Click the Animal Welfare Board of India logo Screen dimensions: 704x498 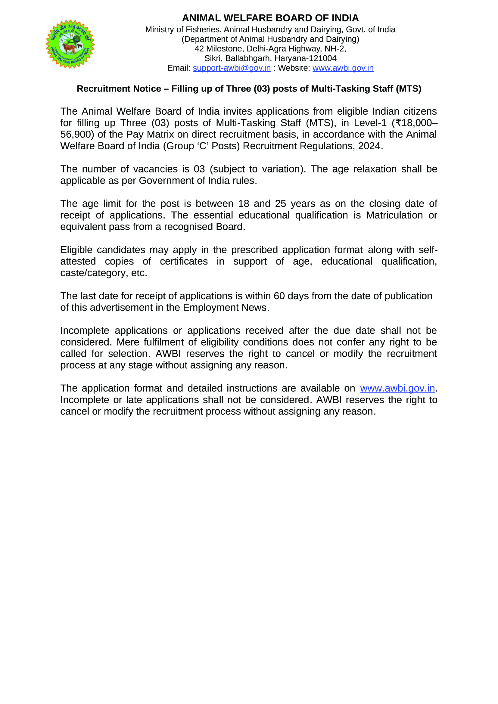tap(70, 44)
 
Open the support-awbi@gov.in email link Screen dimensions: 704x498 tap(232, 68)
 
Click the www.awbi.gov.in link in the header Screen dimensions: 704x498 tap(343, 68)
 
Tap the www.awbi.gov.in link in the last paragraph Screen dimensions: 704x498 tap(397, 389)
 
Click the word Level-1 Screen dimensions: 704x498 tap(370, 123)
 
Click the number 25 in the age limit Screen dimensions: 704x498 tap(280, 203)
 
